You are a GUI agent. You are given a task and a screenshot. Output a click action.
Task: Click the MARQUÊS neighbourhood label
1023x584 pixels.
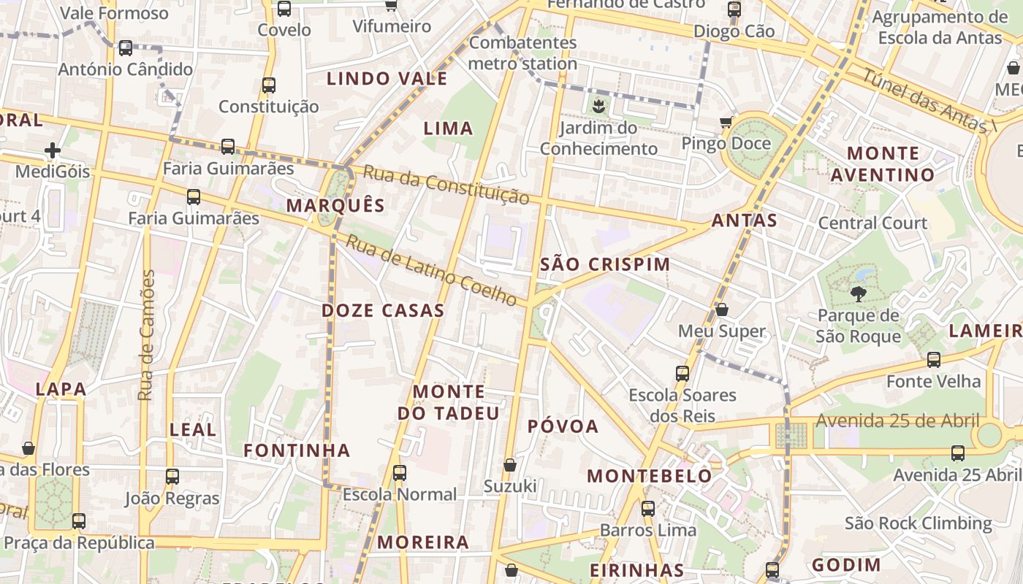(x=335, y=205)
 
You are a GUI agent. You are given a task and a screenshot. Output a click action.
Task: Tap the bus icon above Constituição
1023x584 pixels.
(x=269, y=85)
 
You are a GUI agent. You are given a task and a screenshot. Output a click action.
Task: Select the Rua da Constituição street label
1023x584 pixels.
(x=446, y=185)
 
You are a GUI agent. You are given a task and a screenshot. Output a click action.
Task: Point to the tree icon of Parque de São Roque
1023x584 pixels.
(x=858, y=294)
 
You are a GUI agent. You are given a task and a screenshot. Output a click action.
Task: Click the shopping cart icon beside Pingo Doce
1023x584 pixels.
(x=726, y=122)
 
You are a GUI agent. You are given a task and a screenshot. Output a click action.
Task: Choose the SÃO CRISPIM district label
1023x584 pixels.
(x=605, y=264)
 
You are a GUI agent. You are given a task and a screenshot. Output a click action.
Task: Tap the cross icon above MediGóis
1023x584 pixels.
(x=53, y=151)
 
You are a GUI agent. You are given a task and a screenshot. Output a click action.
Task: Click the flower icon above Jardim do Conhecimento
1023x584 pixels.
(x=598, y=107)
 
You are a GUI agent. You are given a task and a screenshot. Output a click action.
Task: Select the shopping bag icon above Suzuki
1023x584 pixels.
(x=510, y=465)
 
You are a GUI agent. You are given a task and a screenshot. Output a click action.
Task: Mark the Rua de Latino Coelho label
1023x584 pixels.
(x=431, y=270)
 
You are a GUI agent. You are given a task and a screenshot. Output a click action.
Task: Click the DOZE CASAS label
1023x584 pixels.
(x=383, y=310)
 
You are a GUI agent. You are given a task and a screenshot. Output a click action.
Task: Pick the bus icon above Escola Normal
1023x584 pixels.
(x=399, y=473)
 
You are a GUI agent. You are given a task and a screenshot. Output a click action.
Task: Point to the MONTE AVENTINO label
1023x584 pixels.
(x=883, y=164)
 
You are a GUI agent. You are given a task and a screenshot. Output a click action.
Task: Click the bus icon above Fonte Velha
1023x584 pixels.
(x=933, y=360)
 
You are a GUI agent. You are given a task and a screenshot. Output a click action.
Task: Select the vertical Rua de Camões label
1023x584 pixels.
(x=146, y=335)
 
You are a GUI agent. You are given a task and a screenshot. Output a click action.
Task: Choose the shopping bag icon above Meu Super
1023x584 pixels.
(x=721, y=310)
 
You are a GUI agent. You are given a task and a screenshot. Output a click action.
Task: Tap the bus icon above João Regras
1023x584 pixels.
(x=172, y=477)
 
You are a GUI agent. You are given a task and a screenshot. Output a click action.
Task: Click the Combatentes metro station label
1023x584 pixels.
(x=522, y=53)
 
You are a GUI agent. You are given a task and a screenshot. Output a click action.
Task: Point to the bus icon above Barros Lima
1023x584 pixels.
(x=647, y=509)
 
